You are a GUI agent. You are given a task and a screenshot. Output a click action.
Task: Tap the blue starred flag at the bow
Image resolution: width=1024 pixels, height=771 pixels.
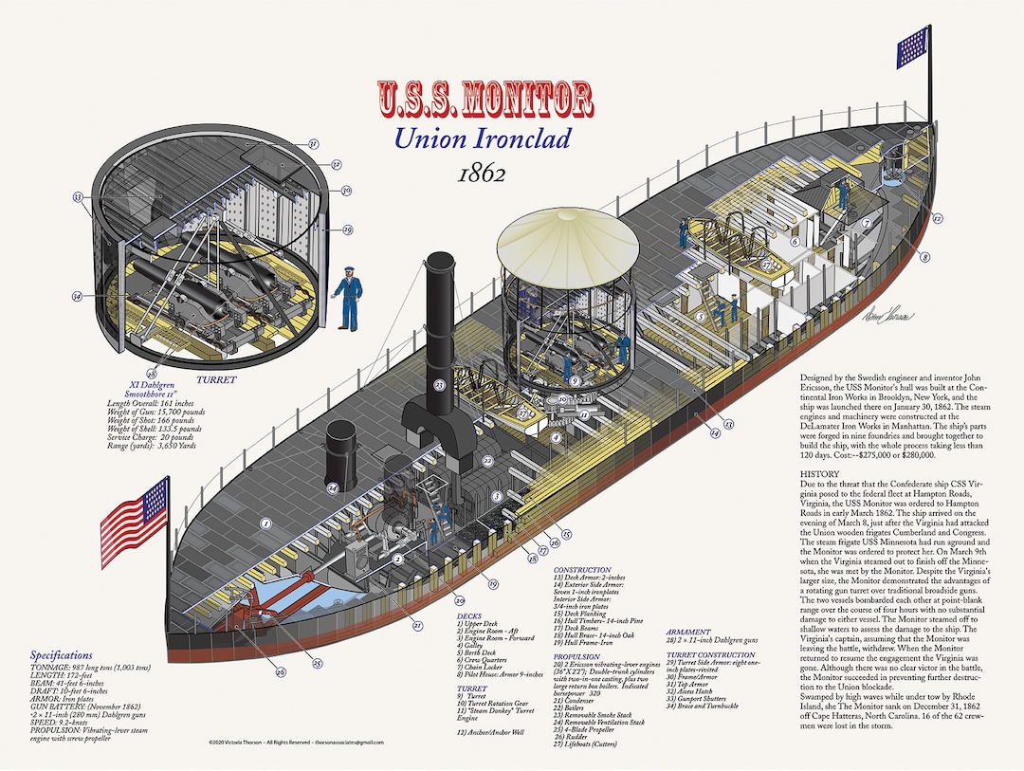click(x=913, y=41)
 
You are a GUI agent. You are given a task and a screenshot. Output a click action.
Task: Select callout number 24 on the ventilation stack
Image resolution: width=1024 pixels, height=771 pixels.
click(x=333, y=488)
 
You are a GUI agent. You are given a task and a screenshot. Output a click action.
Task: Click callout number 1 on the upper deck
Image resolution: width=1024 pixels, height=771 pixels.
click(x=266, y=523)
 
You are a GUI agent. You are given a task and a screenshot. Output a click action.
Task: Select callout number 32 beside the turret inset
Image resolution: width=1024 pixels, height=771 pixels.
click(x=78, y=197)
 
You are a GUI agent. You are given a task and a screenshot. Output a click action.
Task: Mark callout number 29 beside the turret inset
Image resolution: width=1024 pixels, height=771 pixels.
click(x=347, y=230)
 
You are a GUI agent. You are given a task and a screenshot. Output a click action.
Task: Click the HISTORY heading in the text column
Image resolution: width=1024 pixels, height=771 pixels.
click(x=819, y=473)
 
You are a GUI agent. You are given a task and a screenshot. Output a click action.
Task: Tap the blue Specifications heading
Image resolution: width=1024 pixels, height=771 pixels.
click(x=62, y=655)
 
